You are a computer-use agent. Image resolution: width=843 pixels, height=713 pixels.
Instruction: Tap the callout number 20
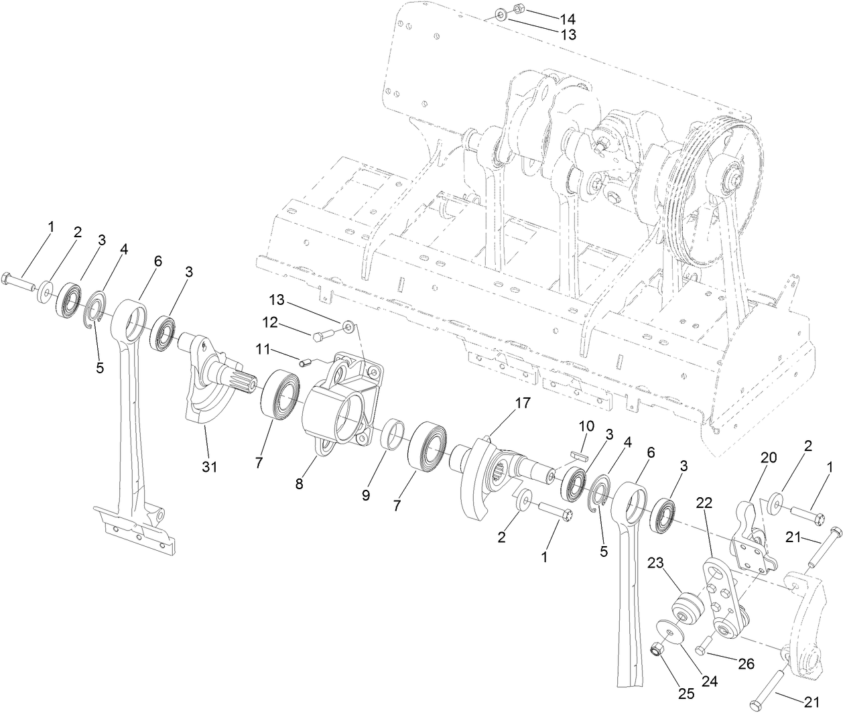768,458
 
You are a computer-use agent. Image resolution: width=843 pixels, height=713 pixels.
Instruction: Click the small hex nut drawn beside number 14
519,9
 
